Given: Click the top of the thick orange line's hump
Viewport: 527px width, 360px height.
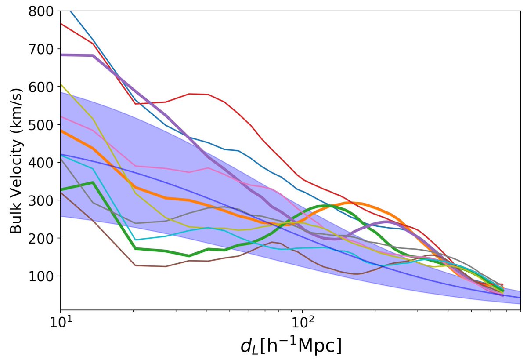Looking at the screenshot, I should click(351, 203).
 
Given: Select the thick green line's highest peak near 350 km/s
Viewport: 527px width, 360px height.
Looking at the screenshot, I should click(93, 182).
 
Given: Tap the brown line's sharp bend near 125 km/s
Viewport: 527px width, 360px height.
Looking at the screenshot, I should click(135, 265).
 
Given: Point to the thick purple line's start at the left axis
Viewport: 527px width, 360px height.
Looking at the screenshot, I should click(61, 55).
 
